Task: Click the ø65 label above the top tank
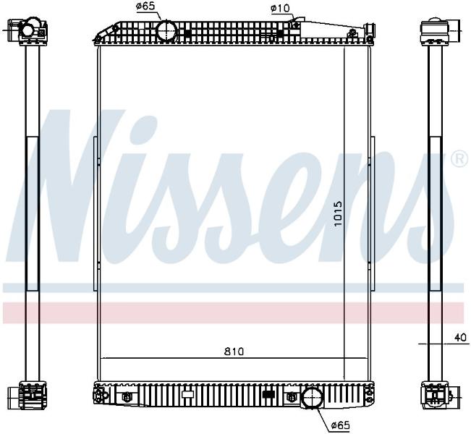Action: click(x=145, y=7)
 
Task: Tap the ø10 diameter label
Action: click(x=280, y=8)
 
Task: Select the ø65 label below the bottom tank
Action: click(x=341, y=425)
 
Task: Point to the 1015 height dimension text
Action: click(x=338, y=213)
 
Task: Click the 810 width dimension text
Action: click(x=234, y=352)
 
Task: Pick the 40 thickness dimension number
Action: click(x=461, y=337)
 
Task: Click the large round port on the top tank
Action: click(x=166, y=30)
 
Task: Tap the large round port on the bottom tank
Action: click(x=312, y=397)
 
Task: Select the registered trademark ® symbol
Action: click(x=460, y=159)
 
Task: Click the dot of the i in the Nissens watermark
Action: click(x=143, y=126)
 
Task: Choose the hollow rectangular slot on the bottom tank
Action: click(x=188, y=394)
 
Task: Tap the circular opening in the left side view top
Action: click(x=28, y=30)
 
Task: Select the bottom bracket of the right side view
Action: click(x=436, y=396)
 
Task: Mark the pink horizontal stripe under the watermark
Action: click(x=233, y=313)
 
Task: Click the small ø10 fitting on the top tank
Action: click(x=296, y=25)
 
